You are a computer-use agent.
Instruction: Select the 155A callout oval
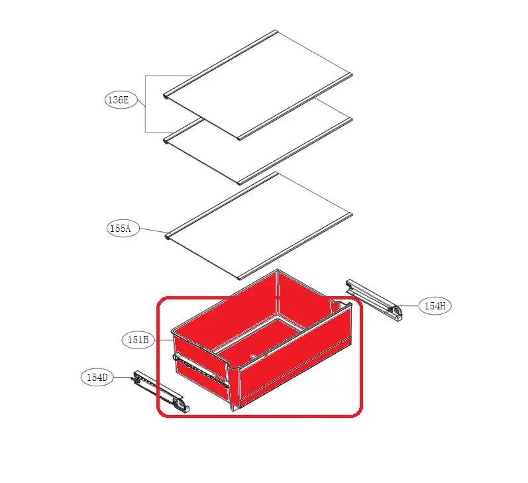coord(123,229)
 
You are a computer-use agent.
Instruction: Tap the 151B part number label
coord(138,340)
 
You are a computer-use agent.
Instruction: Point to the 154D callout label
coord(97,377)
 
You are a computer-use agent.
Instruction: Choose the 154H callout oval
coord(435,306)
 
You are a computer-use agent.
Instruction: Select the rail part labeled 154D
coord(160,392)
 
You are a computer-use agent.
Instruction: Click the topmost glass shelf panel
coord(258,84)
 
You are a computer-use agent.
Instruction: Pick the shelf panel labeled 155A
coord(258,227)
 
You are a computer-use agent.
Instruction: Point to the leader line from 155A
coord(153,231)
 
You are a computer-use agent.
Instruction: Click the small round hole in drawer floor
coord(252,356)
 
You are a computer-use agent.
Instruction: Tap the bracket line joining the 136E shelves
coord(146,104)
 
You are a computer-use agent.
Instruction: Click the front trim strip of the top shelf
coord(295,107)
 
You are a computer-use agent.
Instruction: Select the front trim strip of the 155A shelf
coord(295,246)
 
